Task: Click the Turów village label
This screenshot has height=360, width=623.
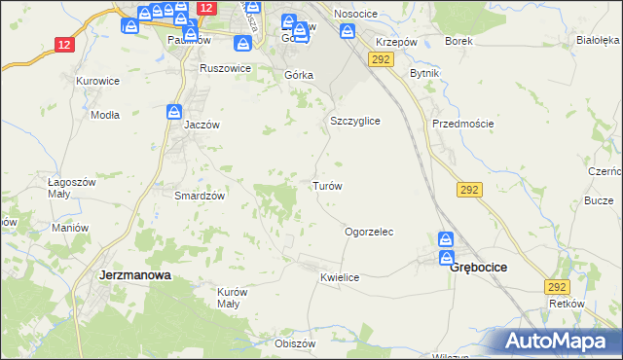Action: click(326, 185)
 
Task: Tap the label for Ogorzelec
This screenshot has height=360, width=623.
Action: click(369, 233)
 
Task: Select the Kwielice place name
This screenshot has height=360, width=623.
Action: click(340, 277)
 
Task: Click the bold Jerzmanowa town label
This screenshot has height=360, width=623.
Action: click(135, 275)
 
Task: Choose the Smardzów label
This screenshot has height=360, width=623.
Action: click(200, 195)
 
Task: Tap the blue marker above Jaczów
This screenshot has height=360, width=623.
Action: click(174, 112)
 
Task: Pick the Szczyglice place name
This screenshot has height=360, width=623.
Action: click(354, 121)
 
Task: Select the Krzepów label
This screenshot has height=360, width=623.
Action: click(396, 44)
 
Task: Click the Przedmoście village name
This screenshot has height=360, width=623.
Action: click(463, 124)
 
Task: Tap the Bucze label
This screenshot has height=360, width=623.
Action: click(598, 199)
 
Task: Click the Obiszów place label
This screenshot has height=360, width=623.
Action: click(296, 343)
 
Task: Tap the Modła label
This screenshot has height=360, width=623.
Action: click(104, 114)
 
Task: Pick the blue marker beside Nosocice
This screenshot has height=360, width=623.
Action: click(347, 30)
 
